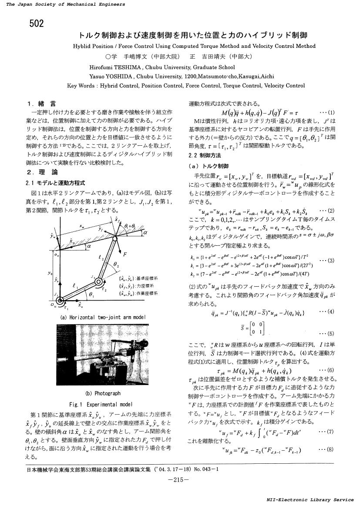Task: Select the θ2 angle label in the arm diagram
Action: tap(115, 264)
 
